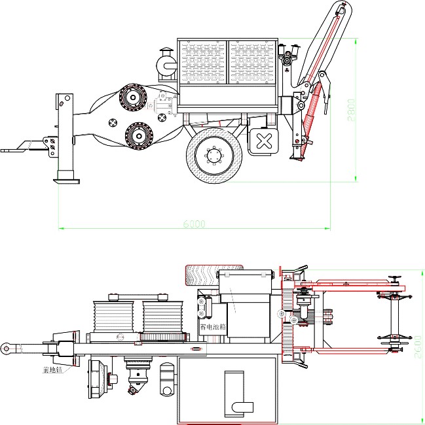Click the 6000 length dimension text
[194, 224]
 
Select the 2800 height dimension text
[351, 107]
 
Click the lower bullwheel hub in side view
[139, 136]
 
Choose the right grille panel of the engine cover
[252, 63]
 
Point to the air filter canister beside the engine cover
[166, 64]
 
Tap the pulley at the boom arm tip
[341, 9]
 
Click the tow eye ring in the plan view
[6, 348]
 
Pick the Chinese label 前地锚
[51, 370]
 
